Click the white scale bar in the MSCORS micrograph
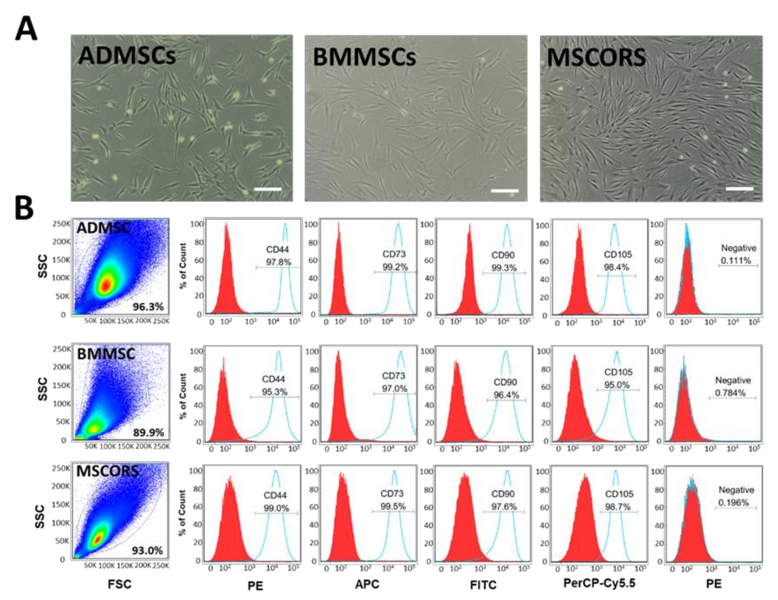tap(739, 189)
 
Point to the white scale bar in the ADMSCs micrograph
tap(268, 189)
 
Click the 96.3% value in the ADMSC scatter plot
tap(148, 306)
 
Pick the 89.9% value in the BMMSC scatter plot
tap(148, 433)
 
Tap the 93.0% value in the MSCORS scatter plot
tap(147, 550)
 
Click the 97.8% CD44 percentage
tap(278, 262)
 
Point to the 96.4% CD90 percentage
tap(506, 395)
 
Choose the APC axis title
tap(367, 584)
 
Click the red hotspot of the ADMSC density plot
tap(106, 285)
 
